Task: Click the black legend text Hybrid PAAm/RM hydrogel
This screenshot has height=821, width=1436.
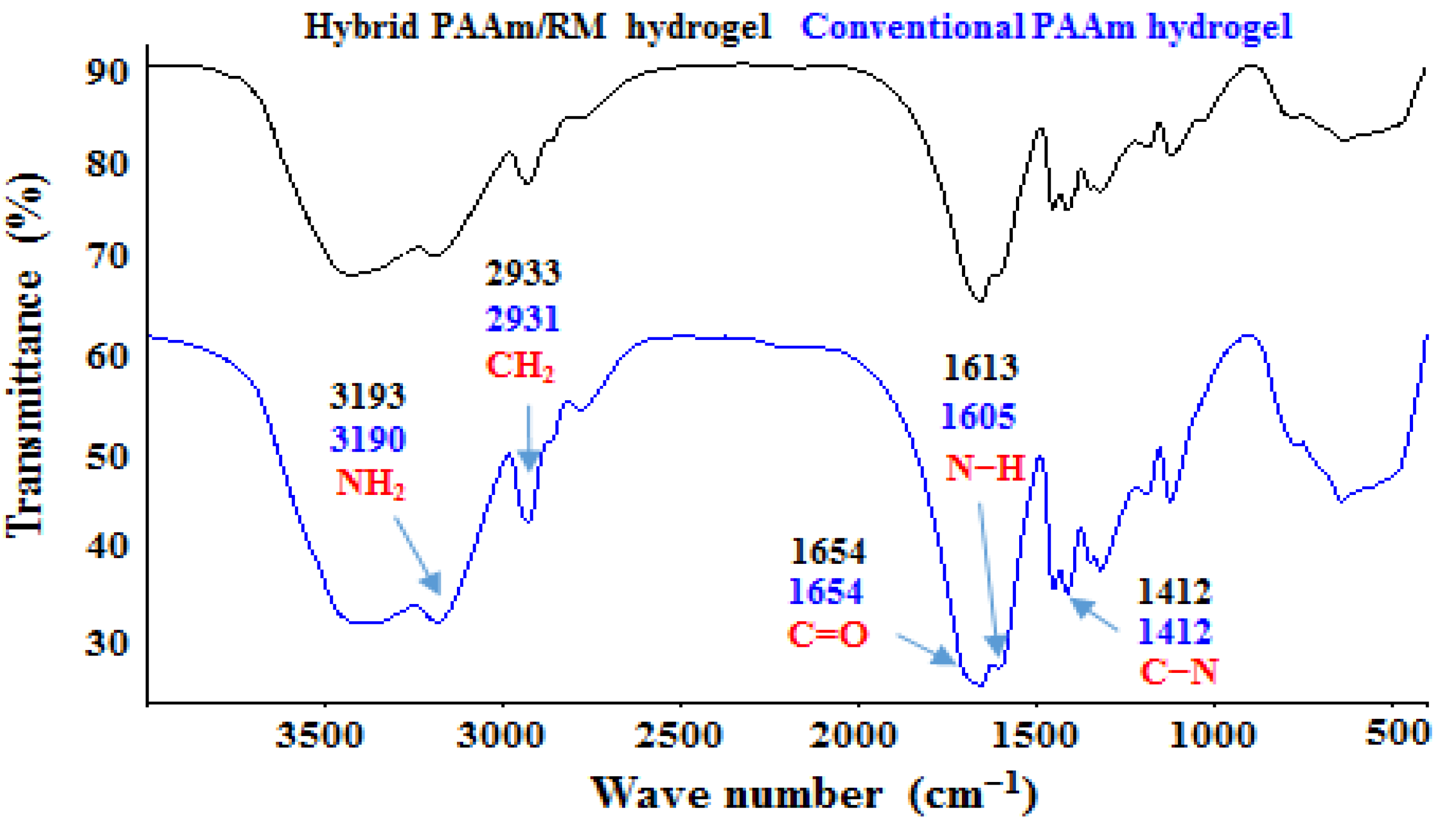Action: coord(537,26)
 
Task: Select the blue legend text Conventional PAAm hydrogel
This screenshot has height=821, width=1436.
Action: coord(1046,26)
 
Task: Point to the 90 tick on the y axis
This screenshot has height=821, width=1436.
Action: coord(107,73)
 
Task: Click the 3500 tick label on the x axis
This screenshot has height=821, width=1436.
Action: coord(320,737)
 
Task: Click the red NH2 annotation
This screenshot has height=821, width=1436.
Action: coord(370,484)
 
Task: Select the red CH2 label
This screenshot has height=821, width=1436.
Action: coord(521,366)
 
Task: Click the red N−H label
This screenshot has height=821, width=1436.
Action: coord(984,468)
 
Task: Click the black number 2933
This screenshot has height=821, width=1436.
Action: coord(523,274)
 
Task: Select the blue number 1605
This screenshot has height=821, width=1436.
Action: coord(978,417)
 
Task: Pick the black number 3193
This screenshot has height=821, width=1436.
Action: coord(367,397)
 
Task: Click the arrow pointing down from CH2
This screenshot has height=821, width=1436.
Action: coord(529,437)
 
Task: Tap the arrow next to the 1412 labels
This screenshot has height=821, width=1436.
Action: coord(1094,615)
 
